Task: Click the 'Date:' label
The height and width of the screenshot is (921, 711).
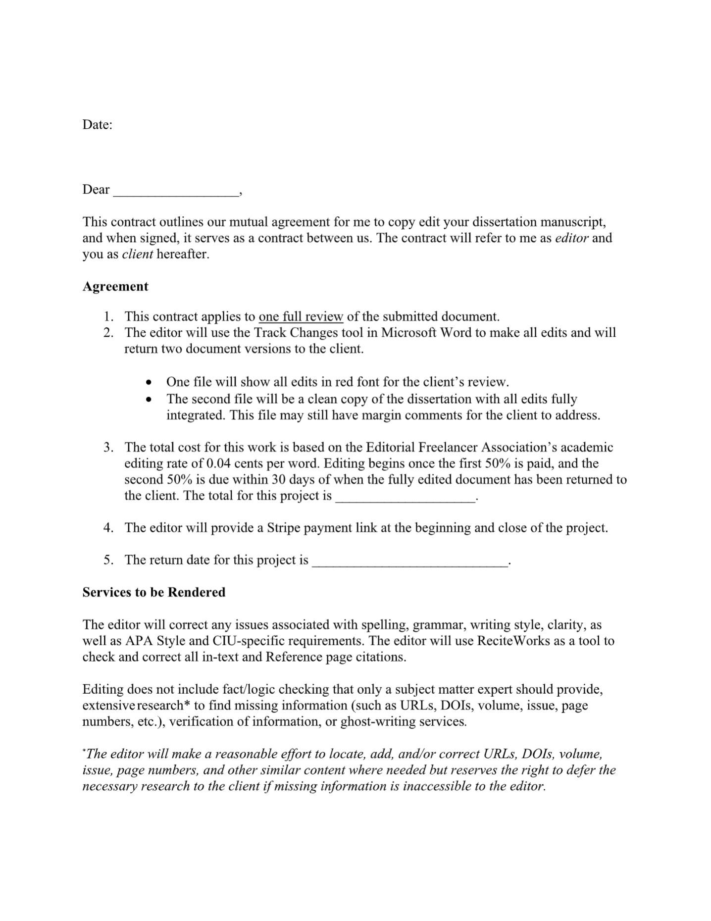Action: click(97, 125)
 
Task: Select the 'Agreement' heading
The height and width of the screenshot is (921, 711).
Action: click(115, 287)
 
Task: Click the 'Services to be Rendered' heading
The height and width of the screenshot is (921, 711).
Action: click(153, 592)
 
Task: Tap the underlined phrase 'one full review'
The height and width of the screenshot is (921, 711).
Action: click(301, 317)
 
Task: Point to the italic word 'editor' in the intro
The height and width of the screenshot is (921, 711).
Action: click(572, 238)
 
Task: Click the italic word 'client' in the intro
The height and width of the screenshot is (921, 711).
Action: click(137, 255)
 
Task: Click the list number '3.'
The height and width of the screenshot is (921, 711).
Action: click(109, 448)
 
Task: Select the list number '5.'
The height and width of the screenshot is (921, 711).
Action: click(109, 560)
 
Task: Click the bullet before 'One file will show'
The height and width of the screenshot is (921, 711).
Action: click(149, 383)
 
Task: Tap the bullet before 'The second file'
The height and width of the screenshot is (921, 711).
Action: click(149, 399)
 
